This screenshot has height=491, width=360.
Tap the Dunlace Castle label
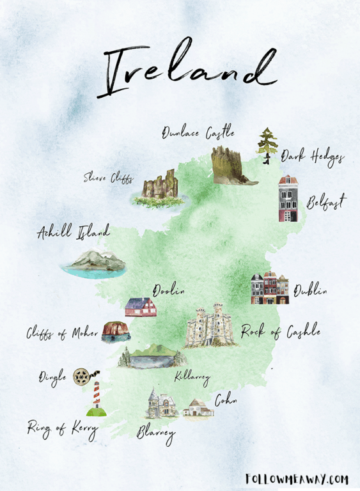198,133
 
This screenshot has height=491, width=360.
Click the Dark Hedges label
313,157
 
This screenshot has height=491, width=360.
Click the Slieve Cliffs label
107,177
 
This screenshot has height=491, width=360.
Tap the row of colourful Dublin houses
269,288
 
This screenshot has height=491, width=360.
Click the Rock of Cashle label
280,332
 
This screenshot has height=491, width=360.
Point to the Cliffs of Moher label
62,333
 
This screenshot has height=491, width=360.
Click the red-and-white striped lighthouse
97,398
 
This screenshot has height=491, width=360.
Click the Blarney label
156,433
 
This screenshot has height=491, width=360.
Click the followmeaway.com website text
296,478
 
